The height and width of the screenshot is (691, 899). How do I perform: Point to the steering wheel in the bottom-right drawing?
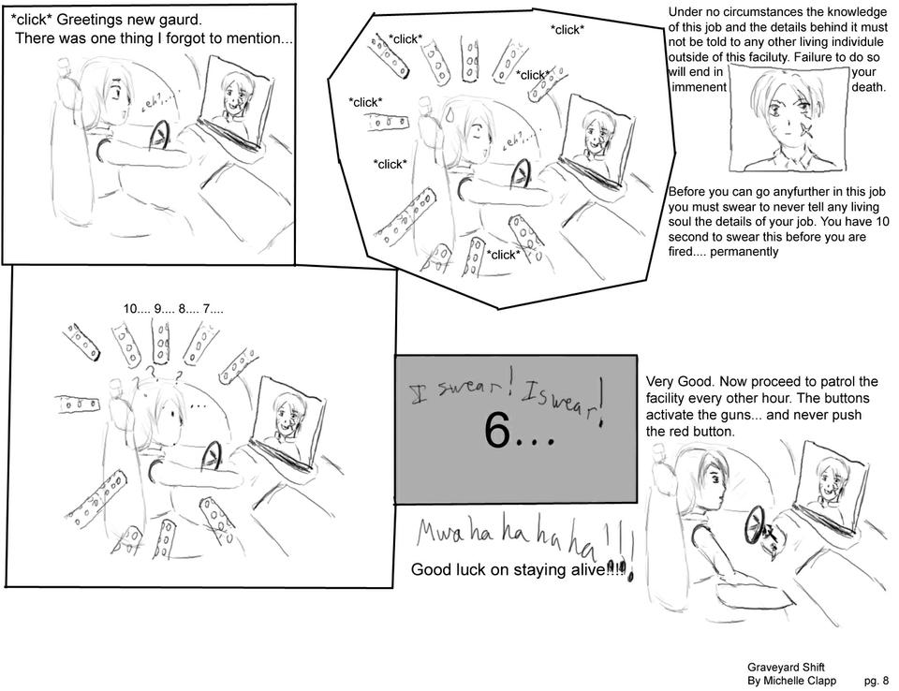[754, 526]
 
